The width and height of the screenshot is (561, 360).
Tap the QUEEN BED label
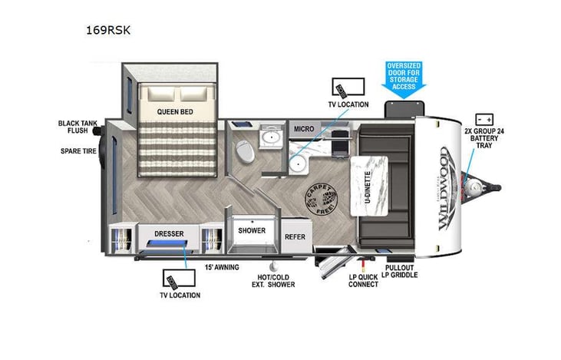(174, 111)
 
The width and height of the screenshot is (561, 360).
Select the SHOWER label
(251, 230)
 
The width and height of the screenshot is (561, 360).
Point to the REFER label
(295, 237)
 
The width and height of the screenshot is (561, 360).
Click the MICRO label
(301, 129)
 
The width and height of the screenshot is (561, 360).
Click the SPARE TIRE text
(78, 151)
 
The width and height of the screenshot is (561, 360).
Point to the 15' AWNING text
(221, 267)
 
